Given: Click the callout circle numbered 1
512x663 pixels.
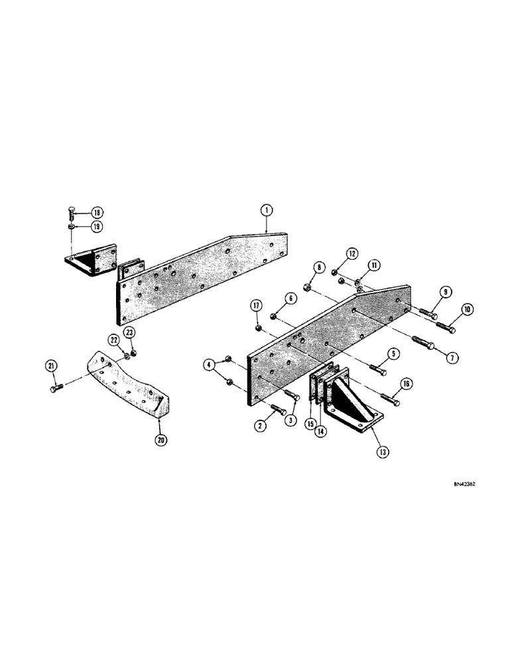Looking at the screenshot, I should (x=266, y=211).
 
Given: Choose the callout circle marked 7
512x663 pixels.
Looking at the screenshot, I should (x=452, y=357).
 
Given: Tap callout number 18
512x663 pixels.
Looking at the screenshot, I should (x=97, y=212).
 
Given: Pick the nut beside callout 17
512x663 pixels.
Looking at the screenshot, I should (x=257, y=327).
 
